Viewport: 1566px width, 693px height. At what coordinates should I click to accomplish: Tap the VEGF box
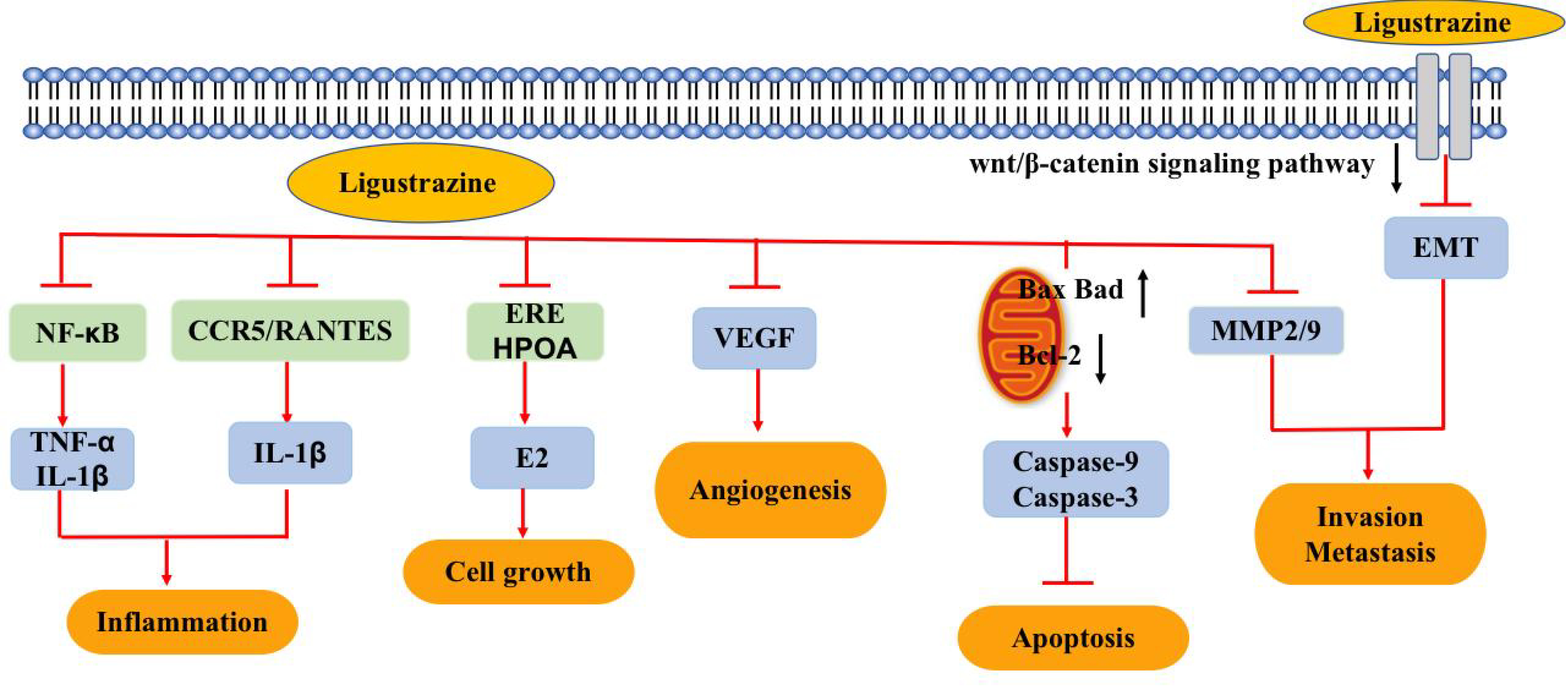click(x=754, y=338)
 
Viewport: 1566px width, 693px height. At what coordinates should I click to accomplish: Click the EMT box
click(x=1446, y=248)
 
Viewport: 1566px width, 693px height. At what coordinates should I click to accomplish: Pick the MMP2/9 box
click(x=1266, y=330)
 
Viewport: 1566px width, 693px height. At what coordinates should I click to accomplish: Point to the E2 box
click(x=532, y=457)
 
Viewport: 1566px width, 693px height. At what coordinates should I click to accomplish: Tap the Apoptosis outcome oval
click(x=1073, y=638)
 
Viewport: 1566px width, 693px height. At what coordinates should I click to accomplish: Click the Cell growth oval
click(x=518, y=571)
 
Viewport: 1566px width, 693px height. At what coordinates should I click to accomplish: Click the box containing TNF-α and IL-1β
click(x=72, y=459)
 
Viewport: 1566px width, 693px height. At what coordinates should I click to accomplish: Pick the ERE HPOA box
click(x=534, y=331)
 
